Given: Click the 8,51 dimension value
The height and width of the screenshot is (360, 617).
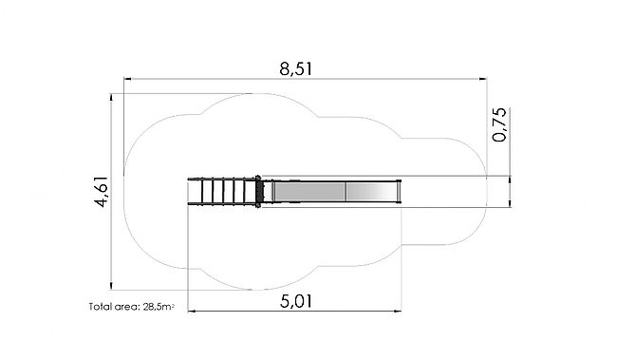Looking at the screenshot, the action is [296, 69].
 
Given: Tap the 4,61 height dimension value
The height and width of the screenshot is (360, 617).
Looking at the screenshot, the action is [102, 192].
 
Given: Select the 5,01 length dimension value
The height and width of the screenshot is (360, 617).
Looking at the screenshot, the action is [296, 302].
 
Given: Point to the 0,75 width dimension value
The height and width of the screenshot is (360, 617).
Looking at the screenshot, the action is [499, 124].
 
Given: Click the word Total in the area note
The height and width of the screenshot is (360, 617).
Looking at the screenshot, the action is [100, 307].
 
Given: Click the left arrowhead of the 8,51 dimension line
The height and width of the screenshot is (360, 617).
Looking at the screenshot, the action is [127, 79].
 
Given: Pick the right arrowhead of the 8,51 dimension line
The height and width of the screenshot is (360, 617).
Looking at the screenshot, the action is [483, 79].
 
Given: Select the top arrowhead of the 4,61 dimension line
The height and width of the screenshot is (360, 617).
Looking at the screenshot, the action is [111, 97].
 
